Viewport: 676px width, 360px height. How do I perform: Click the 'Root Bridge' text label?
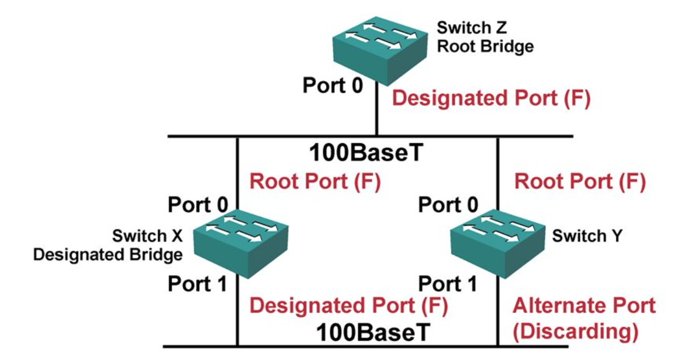tap(485, 46)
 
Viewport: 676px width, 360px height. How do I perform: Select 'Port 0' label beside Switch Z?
tap(333, 86)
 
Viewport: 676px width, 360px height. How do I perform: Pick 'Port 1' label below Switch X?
tap(197, 284)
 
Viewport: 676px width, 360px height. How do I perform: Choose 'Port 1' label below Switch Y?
tap(448, 284)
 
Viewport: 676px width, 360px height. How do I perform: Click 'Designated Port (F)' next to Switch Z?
tap(492, 99)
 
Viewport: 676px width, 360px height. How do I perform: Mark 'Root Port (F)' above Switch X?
tap(315, 182)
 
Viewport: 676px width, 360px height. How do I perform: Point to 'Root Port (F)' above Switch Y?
tap(579, 182)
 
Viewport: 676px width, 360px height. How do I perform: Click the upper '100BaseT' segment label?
tap(367, 153)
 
